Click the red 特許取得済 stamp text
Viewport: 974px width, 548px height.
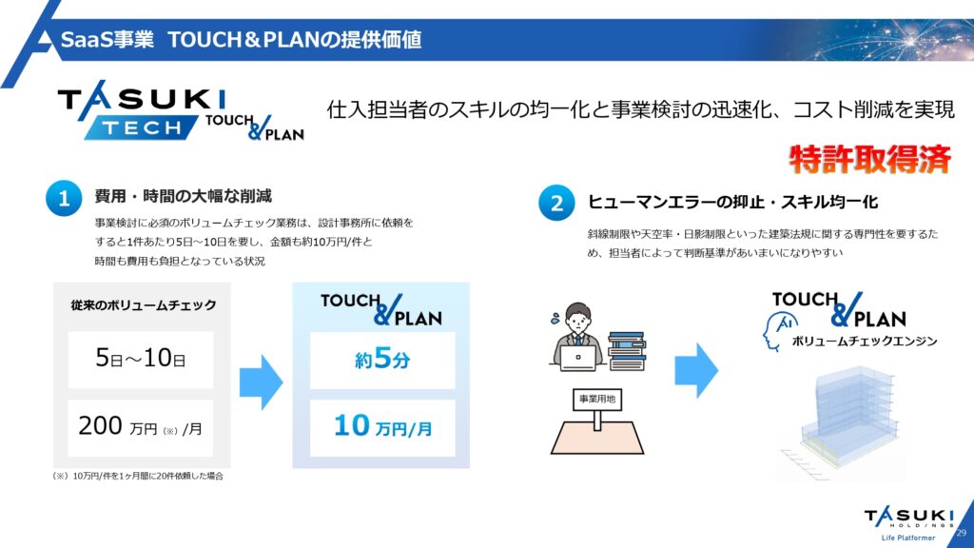869,159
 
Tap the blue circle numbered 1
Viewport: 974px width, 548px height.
64,198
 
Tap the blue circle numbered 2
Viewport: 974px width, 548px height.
556,203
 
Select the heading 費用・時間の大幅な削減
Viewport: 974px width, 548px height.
184,196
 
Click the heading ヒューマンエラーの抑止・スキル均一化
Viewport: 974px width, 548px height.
733,202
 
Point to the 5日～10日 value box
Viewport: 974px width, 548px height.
141,359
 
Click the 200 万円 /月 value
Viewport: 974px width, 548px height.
141,427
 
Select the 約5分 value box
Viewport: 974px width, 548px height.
382,360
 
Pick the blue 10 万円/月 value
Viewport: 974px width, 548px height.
382,427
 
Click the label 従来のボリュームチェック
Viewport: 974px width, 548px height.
144,305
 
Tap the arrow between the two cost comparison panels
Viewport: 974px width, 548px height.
261,382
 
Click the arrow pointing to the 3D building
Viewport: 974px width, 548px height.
696,370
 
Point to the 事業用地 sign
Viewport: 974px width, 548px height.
597,399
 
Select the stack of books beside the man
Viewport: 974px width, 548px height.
628,351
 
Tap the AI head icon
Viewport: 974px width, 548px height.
780,331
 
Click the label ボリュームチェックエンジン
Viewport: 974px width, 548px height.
864,342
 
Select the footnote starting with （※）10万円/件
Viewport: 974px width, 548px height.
138,476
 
